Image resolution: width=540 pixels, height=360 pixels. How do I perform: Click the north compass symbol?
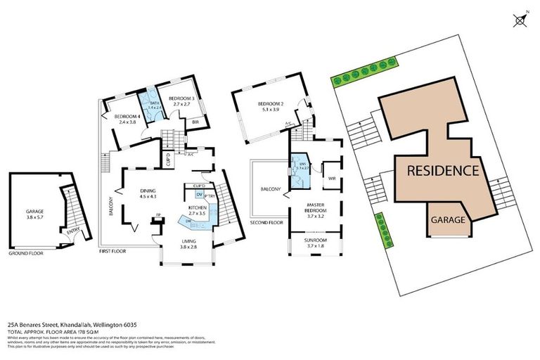520,20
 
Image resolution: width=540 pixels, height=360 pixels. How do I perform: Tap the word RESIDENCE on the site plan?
443,171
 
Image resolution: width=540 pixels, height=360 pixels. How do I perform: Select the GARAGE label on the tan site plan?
447,220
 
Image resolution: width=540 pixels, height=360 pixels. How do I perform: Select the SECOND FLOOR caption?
266,222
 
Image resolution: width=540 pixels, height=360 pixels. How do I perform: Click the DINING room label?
147,191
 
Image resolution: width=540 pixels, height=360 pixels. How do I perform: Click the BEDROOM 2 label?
271,103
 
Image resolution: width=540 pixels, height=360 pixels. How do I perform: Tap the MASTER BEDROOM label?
313,209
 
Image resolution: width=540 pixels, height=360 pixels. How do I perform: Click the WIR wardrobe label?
331,179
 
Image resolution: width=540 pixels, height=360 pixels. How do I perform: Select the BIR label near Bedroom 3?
195,121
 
